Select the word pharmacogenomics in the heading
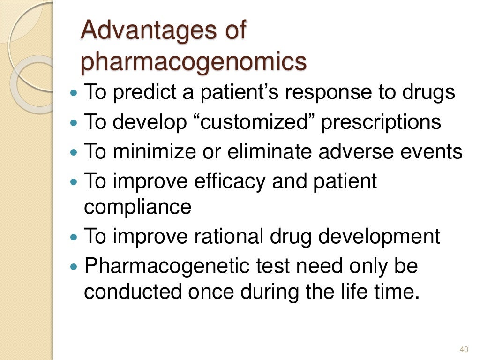(194, 62)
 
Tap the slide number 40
(464, 349)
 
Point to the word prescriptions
(381, 122)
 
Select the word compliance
(137, 207)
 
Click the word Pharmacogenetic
(164, 266)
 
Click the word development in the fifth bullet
(379, 236)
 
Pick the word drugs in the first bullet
(428, 92)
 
